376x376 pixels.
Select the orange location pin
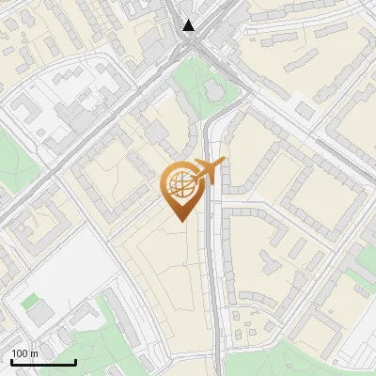[x=180, y=188]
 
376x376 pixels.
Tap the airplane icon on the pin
[x=207, y=170]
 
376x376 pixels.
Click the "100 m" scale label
[x=24, y=353]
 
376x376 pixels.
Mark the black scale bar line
[x=42, y=362]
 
